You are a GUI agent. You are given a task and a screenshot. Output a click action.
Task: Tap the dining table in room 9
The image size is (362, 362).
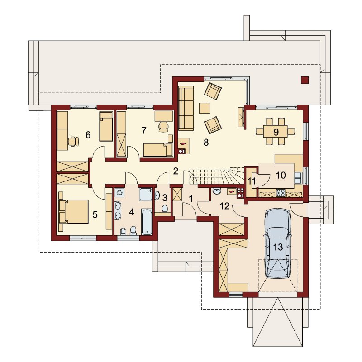click(x=276, y=132)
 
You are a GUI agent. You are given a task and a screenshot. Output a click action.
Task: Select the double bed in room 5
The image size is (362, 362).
click(x=74, y=212)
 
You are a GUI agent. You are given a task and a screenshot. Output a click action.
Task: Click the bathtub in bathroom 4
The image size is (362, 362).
click(x=147, y=222)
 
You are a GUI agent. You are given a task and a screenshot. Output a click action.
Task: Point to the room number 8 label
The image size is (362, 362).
click(x=206, y=143)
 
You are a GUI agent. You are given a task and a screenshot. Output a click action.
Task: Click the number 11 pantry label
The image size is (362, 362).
click(x=252, y=181)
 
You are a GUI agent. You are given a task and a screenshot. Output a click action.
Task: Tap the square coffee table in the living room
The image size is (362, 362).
click(x=205, y=108)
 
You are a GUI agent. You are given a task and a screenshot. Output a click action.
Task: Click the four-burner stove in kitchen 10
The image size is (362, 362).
click(x=281, y=193)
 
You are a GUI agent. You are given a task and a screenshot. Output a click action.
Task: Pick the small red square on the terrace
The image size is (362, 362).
click(x=305, y=80)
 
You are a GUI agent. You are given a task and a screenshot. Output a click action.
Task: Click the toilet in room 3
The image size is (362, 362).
click(x=165, y=209)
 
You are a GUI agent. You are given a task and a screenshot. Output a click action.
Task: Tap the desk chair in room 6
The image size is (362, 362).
click(x=73, y=141)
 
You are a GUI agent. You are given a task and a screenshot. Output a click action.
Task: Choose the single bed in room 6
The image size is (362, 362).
click(x=106, y=127)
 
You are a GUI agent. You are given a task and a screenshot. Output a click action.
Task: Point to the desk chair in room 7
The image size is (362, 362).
click(x=163, y=127)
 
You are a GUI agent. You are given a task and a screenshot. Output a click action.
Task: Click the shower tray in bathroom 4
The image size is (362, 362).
click(x=146, y=194)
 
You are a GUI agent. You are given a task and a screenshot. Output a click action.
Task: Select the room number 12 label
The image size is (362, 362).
click(x=224, y=206)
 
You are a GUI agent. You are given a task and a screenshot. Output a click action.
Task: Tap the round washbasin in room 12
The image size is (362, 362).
click(x=216, y=191)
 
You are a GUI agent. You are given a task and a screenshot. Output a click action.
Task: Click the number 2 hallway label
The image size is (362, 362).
click(x=176, y=171)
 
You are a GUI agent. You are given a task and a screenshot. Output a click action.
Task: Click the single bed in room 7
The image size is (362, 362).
click(x=158, y=149)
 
